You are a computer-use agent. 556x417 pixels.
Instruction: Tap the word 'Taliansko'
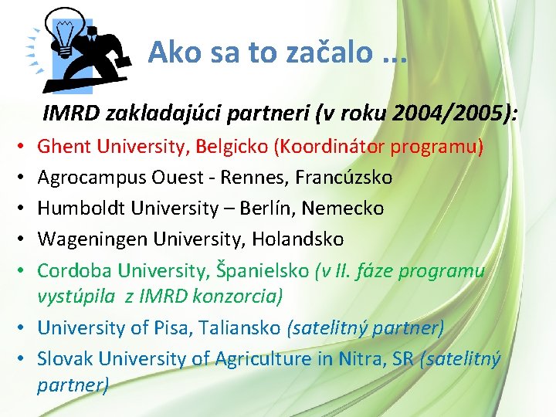[242, 327]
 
